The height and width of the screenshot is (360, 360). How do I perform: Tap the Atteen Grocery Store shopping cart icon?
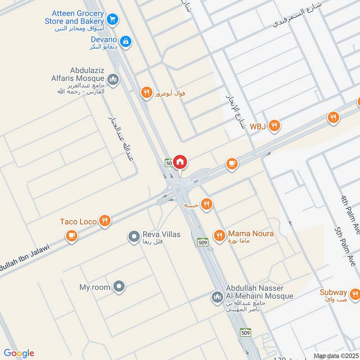coord(112,19)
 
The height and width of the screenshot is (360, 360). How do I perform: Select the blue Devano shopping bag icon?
coord(127,41)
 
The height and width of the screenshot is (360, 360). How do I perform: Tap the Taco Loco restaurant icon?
coord(105,221)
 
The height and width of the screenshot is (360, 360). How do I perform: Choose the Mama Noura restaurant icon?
coord(219,235)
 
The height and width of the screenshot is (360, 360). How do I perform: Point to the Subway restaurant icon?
coord(355,294)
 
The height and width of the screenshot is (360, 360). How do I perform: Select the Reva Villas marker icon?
coord(134,236)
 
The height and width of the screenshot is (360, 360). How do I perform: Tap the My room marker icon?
coord(119,286)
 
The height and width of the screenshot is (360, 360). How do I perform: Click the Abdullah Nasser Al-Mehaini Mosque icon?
coord(217,297)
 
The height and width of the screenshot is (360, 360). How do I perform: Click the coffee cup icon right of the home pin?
coord(232,164)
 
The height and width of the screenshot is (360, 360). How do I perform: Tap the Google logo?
coord(19,353)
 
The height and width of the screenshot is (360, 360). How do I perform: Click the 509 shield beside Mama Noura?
coord(202,242)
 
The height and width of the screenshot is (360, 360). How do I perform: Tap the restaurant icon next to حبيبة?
coord(207,204)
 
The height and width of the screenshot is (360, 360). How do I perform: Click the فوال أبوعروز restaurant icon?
coord(146,93)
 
